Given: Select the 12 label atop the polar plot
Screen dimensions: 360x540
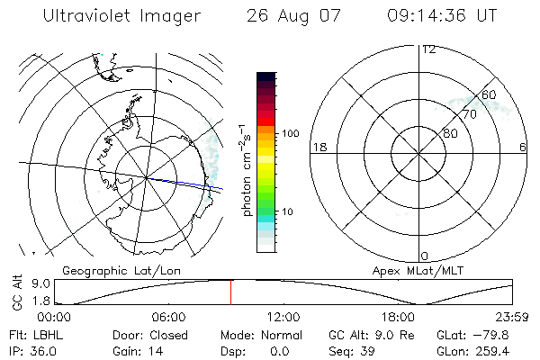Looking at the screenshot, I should (428, 49).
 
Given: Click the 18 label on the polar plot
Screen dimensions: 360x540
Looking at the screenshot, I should (318, 147).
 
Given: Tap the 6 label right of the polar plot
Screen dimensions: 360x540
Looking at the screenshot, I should (523, 147).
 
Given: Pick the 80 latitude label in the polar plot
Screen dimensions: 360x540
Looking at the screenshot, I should (451, 133).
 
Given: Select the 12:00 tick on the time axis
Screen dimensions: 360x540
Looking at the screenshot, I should (283, 317).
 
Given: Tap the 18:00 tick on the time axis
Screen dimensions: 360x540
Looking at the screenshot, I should (398, 317).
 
